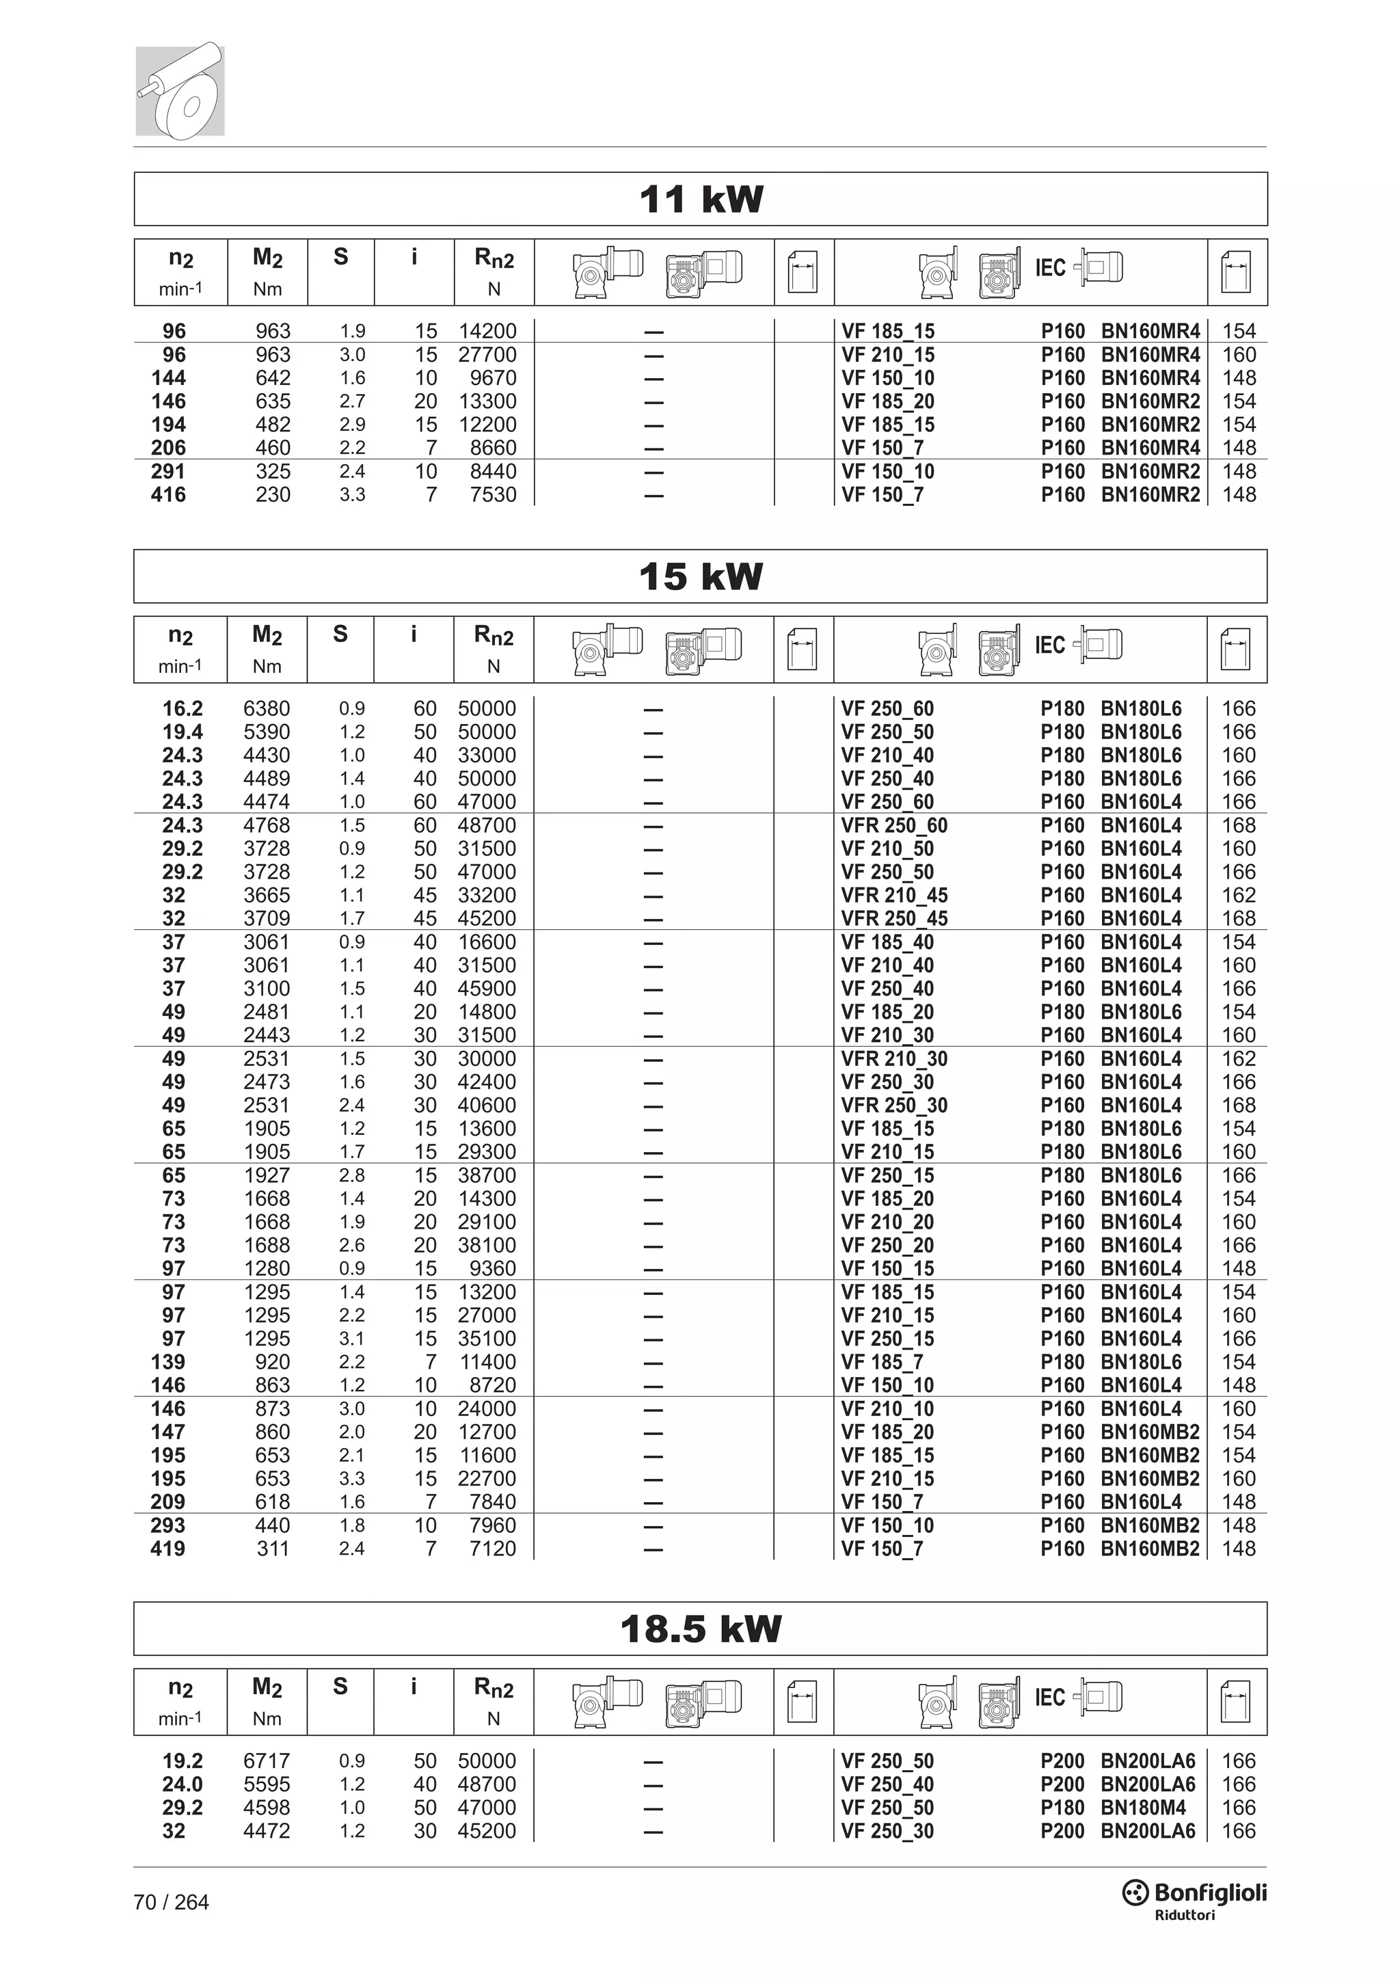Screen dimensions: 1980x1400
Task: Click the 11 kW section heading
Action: pos(700,199)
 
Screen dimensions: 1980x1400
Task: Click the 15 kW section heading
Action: pos(700,576)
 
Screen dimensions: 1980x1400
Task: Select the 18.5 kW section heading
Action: pos(700,1629)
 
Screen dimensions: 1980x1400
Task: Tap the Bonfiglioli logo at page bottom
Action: pos(1194,1894)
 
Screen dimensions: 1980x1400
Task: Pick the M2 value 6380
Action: pos(267,709)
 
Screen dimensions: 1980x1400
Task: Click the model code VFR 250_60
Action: pos(894,825)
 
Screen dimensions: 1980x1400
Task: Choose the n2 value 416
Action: pos(168,495)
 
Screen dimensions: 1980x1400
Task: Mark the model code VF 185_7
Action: pos(882,1362)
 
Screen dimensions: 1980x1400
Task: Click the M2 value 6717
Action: pos(267,1761)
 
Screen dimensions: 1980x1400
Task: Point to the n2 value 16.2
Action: pos(182,709)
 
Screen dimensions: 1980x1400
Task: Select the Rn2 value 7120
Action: pos(492,1548)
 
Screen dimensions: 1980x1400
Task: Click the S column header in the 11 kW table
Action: pos(340,258)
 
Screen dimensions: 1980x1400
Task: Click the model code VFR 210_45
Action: pos(894,895)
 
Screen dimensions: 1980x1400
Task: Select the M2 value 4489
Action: pos(267,779)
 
